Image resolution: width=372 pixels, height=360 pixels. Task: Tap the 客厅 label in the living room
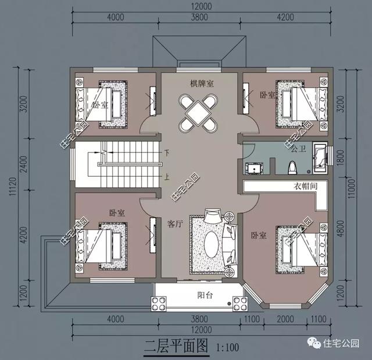tap(176, 223)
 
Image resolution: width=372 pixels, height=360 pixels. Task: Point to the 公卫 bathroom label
tap(299, 149)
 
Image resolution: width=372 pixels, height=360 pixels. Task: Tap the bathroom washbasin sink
tap(253, 168)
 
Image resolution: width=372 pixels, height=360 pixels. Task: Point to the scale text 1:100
tap(227, 348)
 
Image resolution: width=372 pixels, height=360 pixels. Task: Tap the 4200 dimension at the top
tap(285, 17)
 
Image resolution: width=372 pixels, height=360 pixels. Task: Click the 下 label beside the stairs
tap(167, 154)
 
